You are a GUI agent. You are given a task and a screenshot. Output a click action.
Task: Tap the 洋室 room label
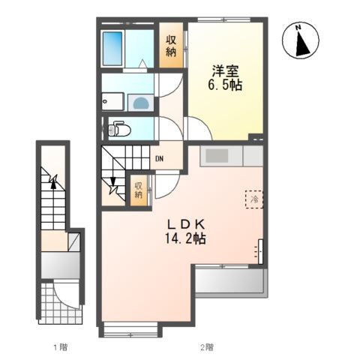(x=226, y=71)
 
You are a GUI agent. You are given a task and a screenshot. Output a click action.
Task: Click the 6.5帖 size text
(x=226, y=85)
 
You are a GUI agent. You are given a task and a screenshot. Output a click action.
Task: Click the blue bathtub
(x=112, y=49)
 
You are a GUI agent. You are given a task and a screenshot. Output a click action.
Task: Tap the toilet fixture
(x=118, y=130)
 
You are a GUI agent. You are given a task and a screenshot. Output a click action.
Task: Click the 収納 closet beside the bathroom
(x=170, y=46)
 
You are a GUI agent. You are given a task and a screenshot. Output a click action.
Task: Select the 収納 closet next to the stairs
(x=139, y=189)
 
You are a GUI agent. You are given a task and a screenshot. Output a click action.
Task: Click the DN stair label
(x=160, y=158)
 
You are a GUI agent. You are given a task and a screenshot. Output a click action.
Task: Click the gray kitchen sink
(x=217, y=155)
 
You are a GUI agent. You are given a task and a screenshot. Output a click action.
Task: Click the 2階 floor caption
(x=206, y=346)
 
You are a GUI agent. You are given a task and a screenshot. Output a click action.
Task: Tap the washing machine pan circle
(x=140, y=103)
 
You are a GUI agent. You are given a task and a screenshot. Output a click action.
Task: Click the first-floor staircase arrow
(x=52, y=180)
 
